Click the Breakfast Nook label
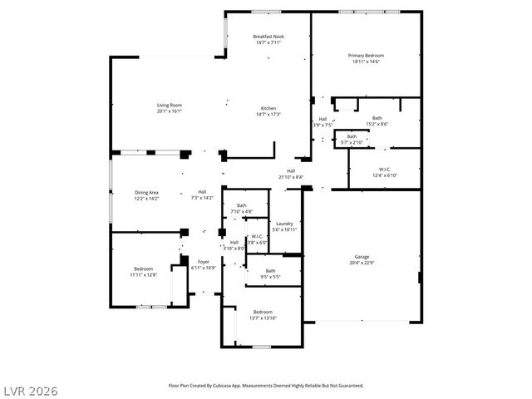coord(268,37)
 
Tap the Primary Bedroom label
coord(366,56)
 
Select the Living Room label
coord(170,105)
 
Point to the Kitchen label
coord(268,109)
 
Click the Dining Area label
coord(146,193)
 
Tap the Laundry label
coord(284,223)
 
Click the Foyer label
coord(203,262)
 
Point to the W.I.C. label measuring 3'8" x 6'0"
coord(258,236)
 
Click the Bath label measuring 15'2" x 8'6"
coord(377,118)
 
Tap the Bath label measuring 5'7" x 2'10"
coord(352,136)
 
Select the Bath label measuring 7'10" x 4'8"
coord(241,205)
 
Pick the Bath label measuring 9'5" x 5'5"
coord(270,270)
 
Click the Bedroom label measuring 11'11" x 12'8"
coord(143,268)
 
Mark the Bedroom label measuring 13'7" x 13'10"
coord(263,312)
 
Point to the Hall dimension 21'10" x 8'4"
coord(290,177)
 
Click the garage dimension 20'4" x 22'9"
coord(362,262)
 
